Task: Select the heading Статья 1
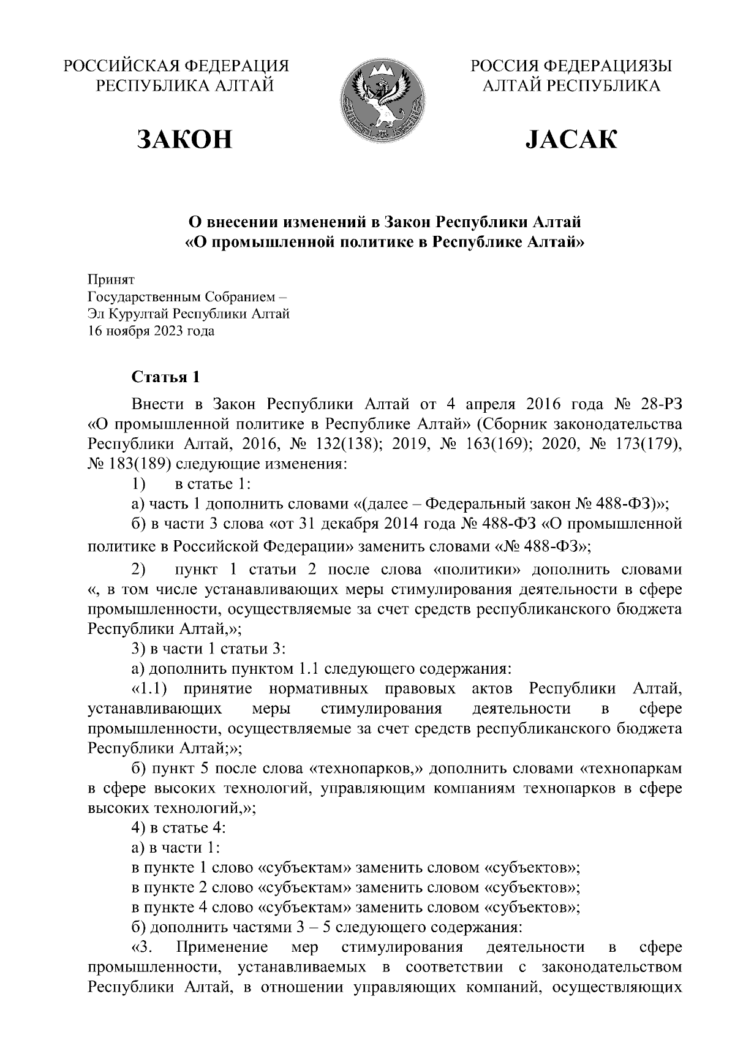coord(166,377)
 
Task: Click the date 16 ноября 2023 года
coord(151,331)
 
